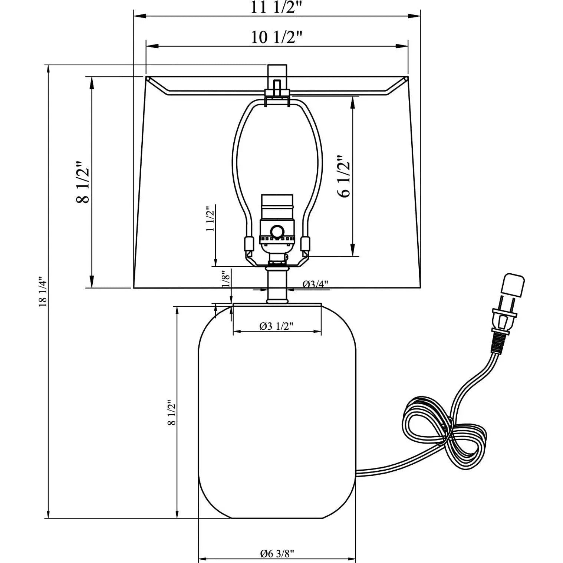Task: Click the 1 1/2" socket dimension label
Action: click(211, 219)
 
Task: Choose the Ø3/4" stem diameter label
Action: click(316, 284)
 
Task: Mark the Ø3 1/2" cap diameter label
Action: click(277, 326)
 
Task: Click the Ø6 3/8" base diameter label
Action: click(277, 543)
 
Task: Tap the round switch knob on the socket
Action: click(277, 231)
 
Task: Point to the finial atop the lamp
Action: click(277, 79)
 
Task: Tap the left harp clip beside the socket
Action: click(248, 245)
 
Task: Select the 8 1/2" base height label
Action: click(171, 412)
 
